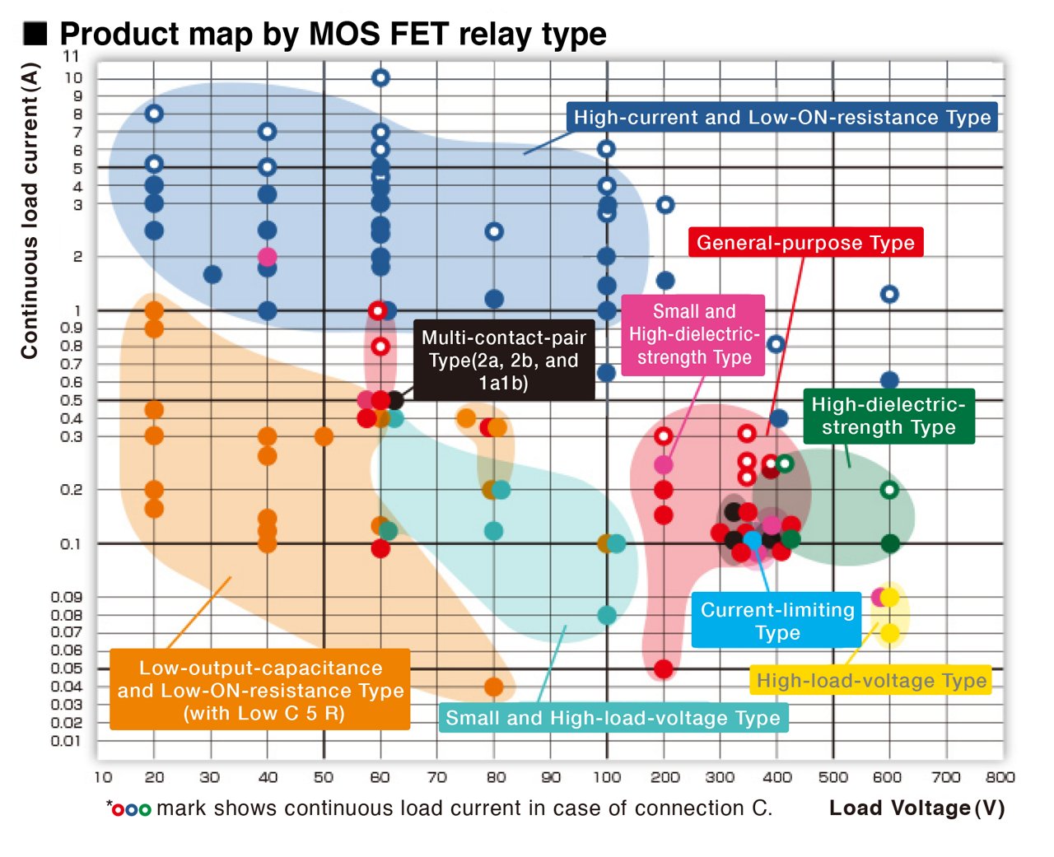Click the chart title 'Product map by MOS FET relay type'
[x=333, y=34]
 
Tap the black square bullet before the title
[x=35, y=34]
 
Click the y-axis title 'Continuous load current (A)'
[x=30, y=211]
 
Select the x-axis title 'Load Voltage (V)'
[x=916, y=808]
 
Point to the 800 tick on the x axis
[x=1000, y=776]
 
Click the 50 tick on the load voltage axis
[x=324, y=776]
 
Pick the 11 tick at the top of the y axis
[x=72, y=57]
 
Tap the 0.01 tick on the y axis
[x=66, y=741]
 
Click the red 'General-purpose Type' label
[x=805, y=243]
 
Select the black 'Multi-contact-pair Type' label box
[x=503, y=360]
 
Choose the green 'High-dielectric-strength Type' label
[x=888, y=416]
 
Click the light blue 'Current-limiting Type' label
[x=777, y=621]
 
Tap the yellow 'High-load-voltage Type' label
[x=871, y=681]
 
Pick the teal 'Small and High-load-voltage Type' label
[x=613, y=718]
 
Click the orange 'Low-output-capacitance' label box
[x=260, y=690]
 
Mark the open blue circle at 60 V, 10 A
[x=380, y=78]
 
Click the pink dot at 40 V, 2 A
[x=267, y=257]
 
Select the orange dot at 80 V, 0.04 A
[x=494, y=687]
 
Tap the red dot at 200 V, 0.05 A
[x=664, y=668]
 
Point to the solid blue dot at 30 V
[x=212, y=274]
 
